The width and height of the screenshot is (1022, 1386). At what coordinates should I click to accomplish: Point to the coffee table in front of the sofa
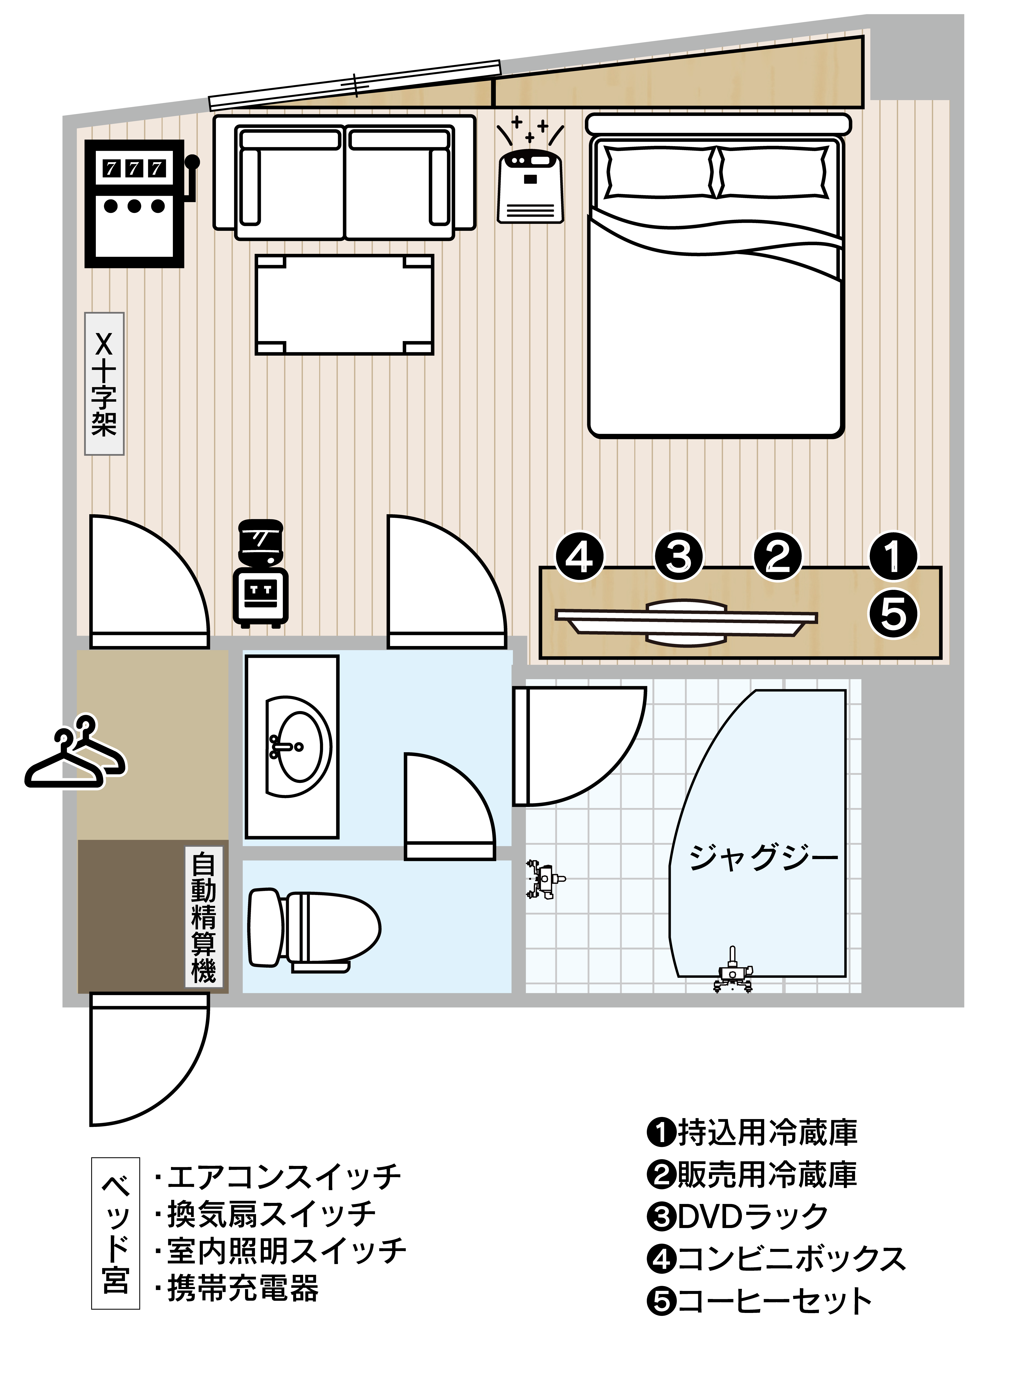pyautogui.click(x=345, y=305)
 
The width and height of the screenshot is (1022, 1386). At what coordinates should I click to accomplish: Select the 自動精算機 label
pyautogui.click(x=203, y=919)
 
